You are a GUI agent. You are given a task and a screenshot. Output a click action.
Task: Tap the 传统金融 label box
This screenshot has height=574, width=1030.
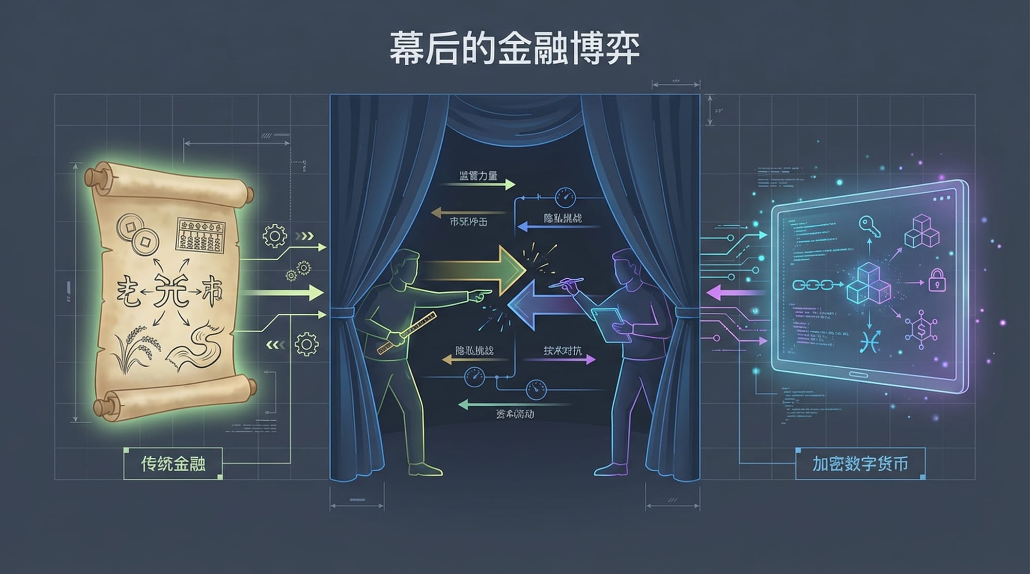pos(173,463)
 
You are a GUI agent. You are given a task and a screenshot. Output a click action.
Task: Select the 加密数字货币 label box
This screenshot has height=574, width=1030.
pos(860,463)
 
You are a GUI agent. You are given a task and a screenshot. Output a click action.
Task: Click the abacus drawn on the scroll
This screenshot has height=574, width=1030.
pos(201,235)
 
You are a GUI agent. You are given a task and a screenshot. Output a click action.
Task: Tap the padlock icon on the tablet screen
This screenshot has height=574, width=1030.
pos(937,281)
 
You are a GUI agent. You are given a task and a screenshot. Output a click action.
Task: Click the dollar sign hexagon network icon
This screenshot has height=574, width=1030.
pos(920,328)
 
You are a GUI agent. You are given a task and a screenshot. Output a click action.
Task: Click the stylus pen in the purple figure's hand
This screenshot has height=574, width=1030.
pos(566,282)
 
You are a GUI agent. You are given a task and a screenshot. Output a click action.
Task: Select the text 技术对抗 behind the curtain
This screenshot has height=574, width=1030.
pos(562,351)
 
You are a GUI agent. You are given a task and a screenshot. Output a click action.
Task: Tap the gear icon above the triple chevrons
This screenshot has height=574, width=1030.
pos(274,236)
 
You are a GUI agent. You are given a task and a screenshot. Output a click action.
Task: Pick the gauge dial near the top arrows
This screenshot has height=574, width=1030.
pos(565,198)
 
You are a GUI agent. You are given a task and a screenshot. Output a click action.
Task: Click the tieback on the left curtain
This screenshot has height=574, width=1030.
pos(341,312)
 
